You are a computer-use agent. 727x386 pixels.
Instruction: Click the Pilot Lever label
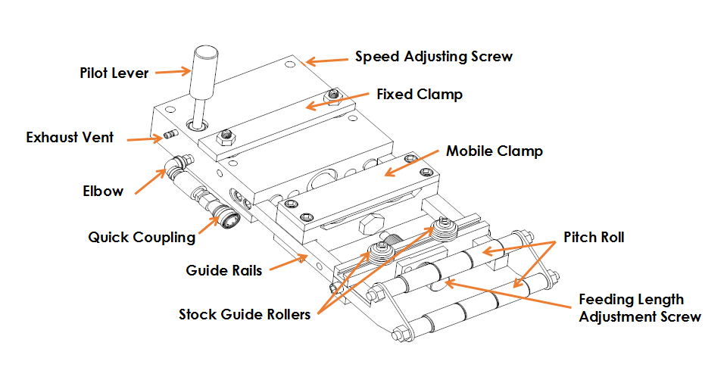coord(114,73)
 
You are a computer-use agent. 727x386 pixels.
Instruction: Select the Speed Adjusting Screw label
coord(434,57)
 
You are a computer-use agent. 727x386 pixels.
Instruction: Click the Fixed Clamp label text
coord(420,95)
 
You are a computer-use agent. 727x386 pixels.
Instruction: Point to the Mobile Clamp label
coord(494,151)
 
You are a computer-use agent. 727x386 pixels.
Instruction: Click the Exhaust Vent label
coord(70,138)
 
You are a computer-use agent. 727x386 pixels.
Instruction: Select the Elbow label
coord(103,191)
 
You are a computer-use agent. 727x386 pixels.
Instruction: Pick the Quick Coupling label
coord(142,238)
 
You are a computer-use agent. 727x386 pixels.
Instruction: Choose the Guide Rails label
coord(224,269)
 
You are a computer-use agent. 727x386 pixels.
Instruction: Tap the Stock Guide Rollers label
coord(245,315)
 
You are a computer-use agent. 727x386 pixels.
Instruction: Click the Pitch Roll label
coord(594,238)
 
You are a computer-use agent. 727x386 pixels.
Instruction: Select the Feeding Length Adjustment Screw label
coord(640,308)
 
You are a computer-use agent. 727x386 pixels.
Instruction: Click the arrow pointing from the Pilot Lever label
coord(175,73)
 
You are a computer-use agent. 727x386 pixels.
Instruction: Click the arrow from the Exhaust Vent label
coord(141,139)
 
